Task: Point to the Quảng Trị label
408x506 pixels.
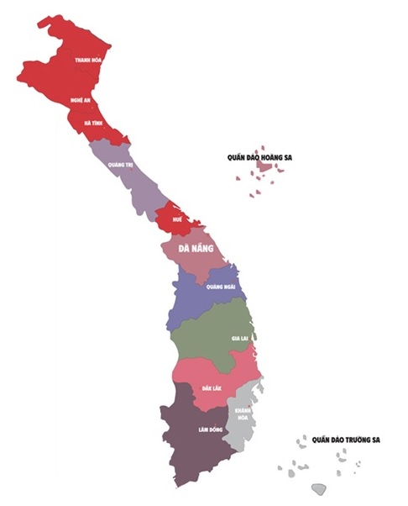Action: pos(120,165)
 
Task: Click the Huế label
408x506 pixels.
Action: pos(177,219)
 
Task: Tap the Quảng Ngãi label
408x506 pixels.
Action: pos(221,287)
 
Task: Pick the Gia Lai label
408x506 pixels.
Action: pos(239,338)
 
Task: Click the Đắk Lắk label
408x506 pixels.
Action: pos(212,387)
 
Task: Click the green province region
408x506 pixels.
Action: pos(210,332)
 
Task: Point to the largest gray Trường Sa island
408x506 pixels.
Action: pos(318,488)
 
